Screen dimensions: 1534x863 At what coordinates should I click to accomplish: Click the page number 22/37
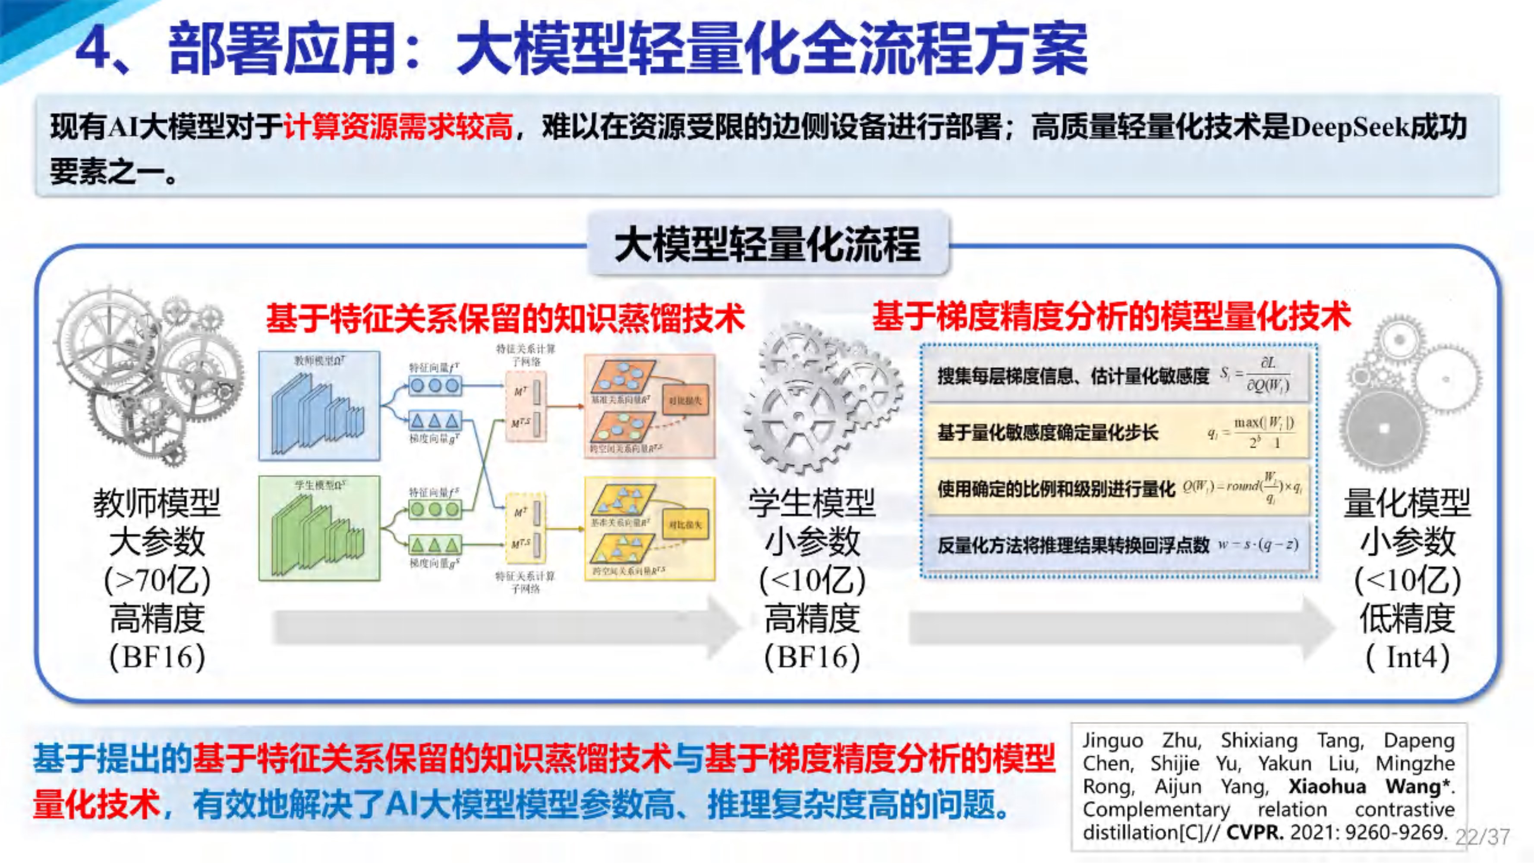(x=1483, y=837)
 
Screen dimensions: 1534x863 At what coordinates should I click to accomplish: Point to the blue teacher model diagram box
(x=319, y=406)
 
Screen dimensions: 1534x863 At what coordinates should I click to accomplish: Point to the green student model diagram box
(x=319, y=528)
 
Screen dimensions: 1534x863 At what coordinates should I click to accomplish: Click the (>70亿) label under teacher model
(x=157, y=580)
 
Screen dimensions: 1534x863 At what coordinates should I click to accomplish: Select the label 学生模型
(x=812, y=503)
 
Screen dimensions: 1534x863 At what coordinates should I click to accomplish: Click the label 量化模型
(x=1407, y=503)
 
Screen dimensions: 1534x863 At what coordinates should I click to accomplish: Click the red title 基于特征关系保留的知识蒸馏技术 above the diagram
(x=505, y=318)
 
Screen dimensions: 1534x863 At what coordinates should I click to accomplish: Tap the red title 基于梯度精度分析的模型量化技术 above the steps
(x=1111, y=316)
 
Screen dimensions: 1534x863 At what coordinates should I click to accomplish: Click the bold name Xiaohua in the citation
(x=1327, y=786)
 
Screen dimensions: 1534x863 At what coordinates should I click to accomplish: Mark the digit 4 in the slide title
(x=96, y=50)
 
